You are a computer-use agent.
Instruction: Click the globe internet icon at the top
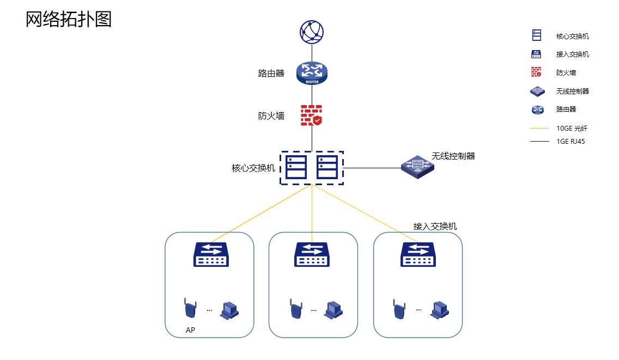click(312, 32)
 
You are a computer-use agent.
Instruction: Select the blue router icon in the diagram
click(312, 73)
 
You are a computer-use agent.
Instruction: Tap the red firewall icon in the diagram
click(312, 115)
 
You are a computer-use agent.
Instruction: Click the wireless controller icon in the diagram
click(418, 167)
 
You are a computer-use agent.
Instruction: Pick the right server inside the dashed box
click(327, 168)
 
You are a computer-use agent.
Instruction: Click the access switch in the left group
click(211, 254)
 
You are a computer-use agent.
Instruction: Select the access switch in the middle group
click(312, 254)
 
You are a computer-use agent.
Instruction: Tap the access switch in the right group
click(418, 254)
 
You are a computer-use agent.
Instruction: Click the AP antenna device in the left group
click(189, 309)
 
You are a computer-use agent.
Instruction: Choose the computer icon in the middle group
click(333, 309)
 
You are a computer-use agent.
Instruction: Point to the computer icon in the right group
click(441, 309)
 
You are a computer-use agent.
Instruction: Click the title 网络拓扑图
click(69, 19)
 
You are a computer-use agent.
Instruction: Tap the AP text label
click(190, 330)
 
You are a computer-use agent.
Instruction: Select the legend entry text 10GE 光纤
click(572, 129)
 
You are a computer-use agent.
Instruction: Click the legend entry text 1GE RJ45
click(571, 142)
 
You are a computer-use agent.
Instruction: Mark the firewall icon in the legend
click(537, 72)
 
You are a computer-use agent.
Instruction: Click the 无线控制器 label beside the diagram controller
click(453, 156)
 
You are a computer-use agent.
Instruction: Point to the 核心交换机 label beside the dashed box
click(253, 168)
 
